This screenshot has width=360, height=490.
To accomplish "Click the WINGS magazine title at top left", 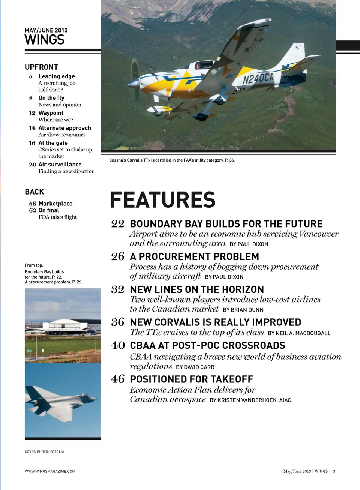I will pos(45,40).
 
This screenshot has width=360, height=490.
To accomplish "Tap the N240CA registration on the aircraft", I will pos(258,78).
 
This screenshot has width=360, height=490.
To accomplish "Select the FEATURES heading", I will pos(163,199).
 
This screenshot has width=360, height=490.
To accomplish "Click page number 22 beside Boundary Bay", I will pos(117,224).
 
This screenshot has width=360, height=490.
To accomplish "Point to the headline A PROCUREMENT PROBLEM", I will pos(194,256).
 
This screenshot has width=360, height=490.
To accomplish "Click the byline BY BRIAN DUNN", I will pos(243,310).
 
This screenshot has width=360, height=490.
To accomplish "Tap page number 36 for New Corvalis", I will pos(117,322).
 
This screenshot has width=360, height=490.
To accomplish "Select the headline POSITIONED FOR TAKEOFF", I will pos(191,379).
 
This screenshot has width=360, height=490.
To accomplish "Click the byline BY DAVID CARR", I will pos(195,367).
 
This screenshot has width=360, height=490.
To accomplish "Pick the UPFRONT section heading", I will pos(41,67).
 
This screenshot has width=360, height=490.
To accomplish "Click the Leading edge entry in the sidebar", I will pos(57,76).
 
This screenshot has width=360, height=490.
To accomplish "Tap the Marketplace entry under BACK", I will pos(55,204).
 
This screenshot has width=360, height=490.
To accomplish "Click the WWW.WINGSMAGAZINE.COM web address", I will pos(50,471).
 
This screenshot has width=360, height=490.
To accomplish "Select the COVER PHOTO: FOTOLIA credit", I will pos(44,451).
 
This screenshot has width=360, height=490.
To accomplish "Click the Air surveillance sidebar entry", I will pos(60,164).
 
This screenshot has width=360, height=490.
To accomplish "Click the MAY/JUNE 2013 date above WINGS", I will pos(46,30).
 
